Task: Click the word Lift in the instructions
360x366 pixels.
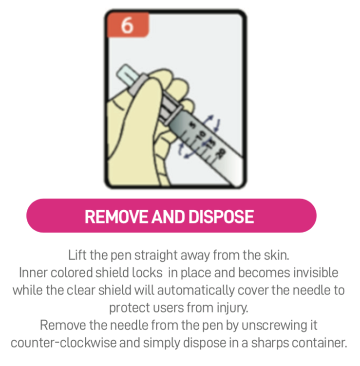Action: click(x=76, y=255)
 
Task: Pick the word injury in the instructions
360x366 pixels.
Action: click(x=234, y=308)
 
